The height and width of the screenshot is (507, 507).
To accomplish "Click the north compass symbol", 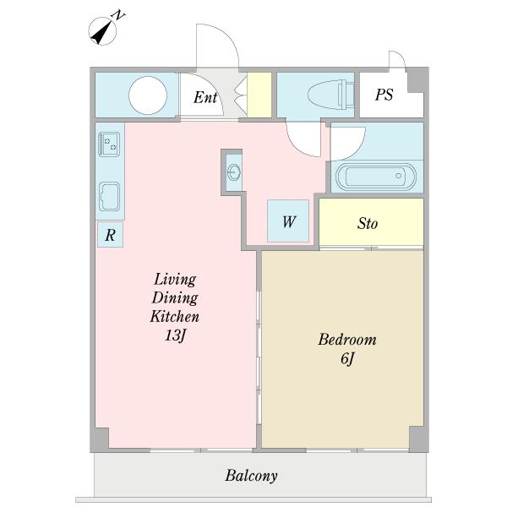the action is (x=102, y=31).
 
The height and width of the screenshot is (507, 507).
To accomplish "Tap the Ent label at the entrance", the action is (x=205, y=97).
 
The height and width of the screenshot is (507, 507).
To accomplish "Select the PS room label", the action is (x=384, y=95).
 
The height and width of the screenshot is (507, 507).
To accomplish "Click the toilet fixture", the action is (x=330, y=95).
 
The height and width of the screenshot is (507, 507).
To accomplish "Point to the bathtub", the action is (x=376, y=177).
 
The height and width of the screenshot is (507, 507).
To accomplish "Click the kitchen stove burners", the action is (x=109, y=144).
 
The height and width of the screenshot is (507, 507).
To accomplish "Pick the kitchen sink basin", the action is (x=109, y=197).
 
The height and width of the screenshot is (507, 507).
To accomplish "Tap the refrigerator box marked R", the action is (x=110, y=235).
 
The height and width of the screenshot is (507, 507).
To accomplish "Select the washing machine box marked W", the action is (x=288, y=221).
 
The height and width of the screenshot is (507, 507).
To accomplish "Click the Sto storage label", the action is (x=368, y=223).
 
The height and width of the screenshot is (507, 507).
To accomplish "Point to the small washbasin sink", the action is (x=234, y=172).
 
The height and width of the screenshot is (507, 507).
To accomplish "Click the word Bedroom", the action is (x=347, y=340).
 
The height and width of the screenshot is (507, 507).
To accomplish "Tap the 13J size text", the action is (x=175, y=335).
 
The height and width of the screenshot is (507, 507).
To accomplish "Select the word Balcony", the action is (x=251, y=476).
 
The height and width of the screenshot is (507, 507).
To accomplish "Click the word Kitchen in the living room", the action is (x=175, y=316).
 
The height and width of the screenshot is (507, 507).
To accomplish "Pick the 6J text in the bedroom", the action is (x=347, y=358).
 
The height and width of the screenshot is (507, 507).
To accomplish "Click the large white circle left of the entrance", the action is (x=148, y=95).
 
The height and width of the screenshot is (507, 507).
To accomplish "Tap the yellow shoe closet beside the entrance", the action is (x=259, y=95).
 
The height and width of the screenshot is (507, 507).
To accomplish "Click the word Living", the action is (x=175, y=280).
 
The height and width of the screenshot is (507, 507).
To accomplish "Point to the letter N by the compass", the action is (x=118, y=15).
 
